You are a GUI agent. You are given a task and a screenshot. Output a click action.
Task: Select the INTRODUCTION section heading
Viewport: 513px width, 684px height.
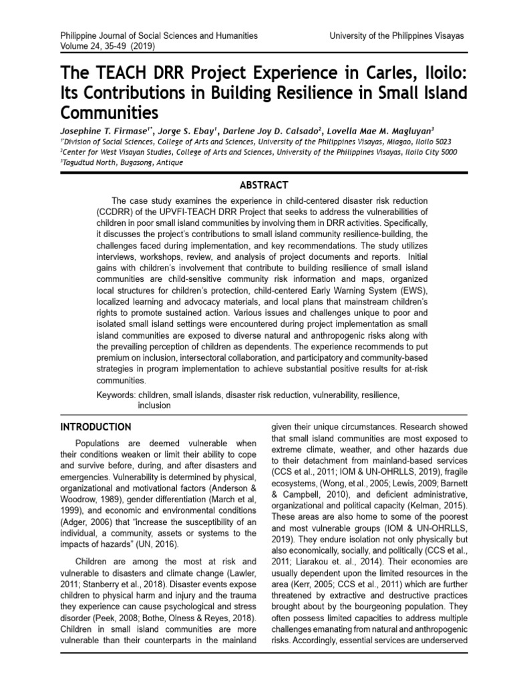[x=96, y=427]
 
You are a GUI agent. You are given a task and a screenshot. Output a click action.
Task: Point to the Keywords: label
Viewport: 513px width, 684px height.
[x=114, y=395]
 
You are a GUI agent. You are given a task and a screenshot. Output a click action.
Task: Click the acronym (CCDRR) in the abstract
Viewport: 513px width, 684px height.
[x=115, y=211]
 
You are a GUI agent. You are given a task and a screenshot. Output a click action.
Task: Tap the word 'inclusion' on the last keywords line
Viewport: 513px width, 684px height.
[x=154, y=405]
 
